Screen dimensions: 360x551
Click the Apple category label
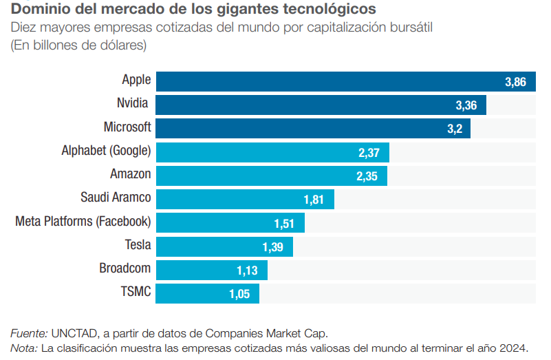[x=136, y=81]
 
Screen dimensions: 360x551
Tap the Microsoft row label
[x=127, y=127]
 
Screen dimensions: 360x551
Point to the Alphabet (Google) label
[x=106, y=151]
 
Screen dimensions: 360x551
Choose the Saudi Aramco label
[x=116, y=198]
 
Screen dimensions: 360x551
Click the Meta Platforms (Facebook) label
[x=83, y=222]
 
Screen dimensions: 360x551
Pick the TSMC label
[x=136, y=292]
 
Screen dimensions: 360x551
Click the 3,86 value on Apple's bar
[x=515, y=82]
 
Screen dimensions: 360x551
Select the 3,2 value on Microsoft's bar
[x=455, y=129]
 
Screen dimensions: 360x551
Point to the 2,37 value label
[x=369, y=152]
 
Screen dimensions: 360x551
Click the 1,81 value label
[x=314, y=200]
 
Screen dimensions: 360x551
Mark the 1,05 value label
[x=240, y=294]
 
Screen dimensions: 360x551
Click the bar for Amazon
[x=271, y=176]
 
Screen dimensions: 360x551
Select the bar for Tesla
[x=224, y=246]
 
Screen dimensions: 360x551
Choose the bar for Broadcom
[x=211, y=270]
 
